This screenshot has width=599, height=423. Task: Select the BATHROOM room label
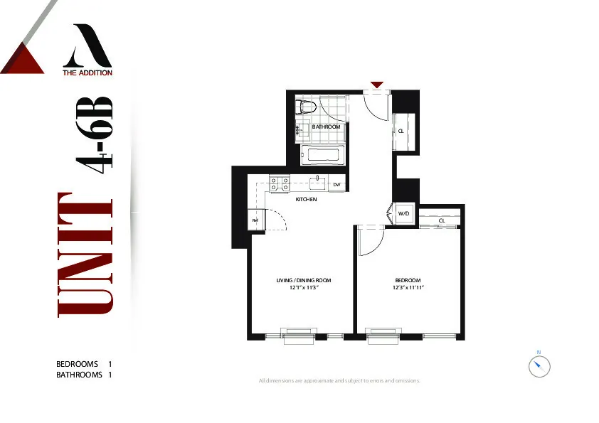pos(327,127)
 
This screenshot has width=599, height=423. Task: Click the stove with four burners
pos(280,184)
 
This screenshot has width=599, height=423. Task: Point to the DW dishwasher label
pos(337,185)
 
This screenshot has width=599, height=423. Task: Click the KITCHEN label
pos(306,200)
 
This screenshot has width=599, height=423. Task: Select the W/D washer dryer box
pos(403,213)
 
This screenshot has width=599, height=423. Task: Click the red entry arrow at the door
pos(377,85)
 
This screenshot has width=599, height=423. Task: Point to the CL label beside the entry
pos(401,132)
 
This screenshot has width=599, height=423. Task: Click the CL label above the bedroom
pos(441,221)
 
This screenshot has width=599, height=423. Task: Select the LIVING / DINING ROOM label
pos(304,281)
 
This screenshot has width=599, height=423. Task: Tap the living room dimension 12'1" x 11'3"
pos(304,288)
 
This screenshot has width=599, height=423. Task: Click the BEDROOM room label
pos(408,281)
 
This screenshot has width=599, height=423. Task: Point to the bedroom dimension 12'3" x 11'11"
pos(408,288)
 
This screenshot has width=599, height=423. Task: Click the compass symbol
pos(539,366)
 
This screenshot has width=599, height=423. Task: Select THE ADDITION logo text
pos(88,72)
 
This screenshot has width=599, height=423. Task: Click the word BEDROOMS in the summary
pos(77,364)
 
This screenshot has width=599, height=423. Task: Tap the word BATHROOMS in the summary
pos(79,374)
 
